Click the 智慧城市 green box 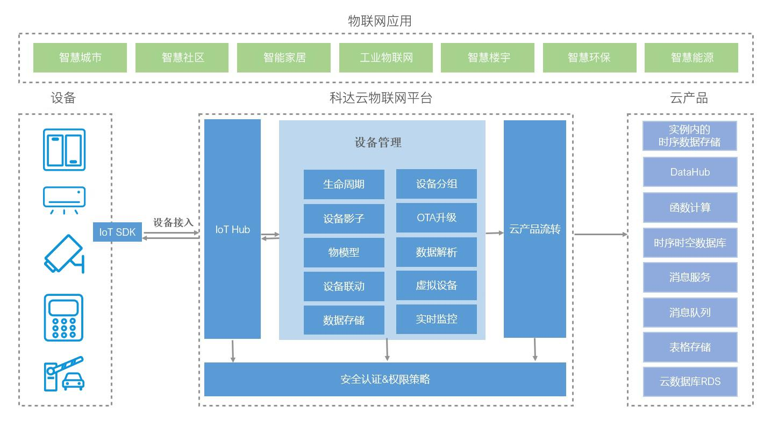pyautogui.click(x=80, y=57)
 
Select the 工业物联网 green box pyautogui.click(x=386, y=57)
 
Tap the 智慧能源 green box pyautogui.click(x=691, y=57)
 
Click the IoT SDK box pyautogui.click(x=117, y=232)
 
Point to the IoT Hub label pyautogui.click(x=233, y=230)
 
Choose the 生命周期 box pyautogui.click(x=344, y=184)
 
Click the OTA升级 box pyautogui.click(x=437, y=217)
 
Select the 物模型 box pyautogui.click(x=344, y=252)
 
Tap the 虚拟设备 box pyautogui.click(x=437, y=285)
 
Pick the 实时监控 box pyautogui.click(x=437, y=319)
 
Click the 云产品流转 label pyautogui.click(x=535, y=229)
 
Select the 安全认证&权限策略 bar pyautogui.click(x=385, y=380)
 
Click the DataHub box pyautogui.click(x=690, y=172)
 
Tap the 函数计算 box pyautogui.click(x=690, y=208)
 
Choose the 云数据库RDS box pyautogui.click(x=690, y=381)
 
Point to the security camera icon pyautogui.click(x=65, y=253)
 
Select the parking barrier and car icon pyautogui.click(x=64, y=374)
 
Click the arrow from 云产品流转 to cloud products pyautogui.click(x=601, y=234)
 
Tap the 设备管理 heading pyautogui.click(x=378, y=142)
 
